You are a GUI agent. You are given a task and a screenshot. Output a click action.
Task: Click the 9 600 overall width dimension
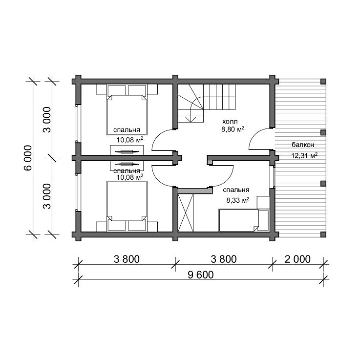coord(201,275)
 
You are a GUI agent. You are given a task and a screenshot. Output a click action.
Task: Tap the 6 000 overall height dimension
coord(28,158)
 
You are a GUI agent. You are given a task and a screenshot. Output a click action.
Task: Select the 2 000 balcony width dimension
coord(297,259)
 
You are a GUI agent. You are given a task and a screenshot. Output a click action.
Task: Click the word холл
coord(230,121)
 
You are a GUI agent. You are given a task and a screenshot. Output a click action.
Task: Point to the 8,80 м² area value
coord(233,129)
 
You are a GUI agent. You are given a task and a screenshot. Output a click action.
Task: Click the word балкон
coord(303,145)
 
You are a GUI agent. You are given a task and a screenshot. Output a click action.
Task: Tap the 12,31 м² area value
coord(304,155)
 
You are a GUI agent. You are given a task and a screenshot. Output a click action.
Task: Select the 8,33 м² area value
coord(238,200)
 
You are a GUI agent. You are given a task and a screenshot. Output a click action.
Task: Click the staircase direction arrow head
coord(191,119)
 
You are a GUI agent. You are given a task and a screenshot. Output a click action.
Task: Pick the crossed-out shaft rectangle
coord(186,213)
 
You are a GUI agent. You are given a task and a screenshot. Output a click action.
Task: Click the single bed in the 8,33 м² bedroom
coord(239,220)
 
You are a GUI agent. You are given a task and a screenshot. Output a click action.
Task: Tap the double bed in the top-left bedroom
coord(127,110)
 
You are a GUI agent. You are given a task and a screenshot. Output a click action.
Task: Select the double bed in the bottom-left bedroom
coord(127,206)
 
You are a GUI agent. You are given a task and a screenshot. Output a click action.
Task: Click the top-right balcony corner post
coord(323,82)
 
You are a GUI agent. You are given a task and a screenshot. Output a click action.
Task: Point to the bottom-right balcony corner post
coord(323,234)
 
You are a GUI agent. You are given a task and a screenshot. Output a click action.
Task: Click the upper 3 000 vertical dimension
coord(47,120)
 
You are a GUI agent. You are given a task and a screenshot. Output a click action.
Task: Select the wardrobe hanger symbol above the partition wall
coord(127,151)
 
